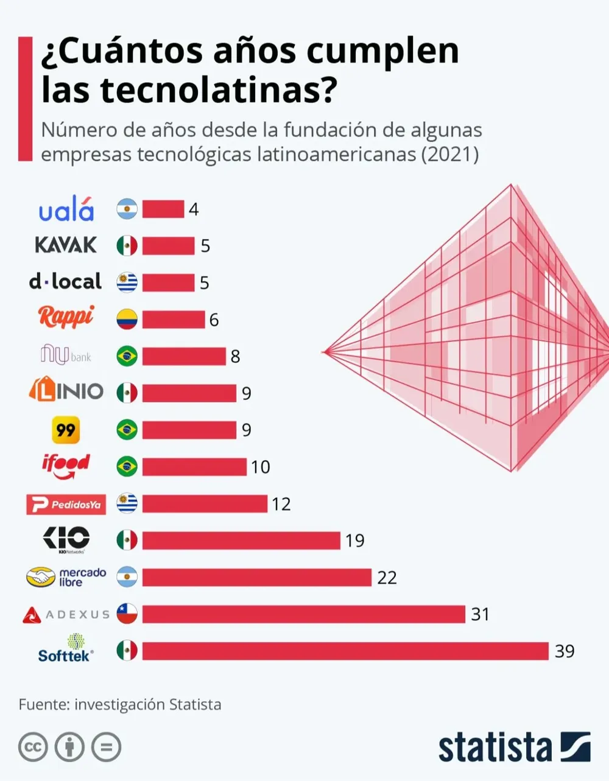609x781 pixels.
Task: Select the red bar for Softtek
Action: coord(345,651)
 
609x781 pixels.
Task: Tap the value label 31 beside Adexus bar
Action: coord(480,614)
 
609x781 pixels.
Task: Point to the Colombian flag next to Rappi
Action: coord(127,319)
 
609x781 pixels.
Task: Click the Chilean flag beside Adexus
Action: coord(127,614)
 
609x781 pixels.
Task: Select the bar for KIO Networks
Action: coord(241,540)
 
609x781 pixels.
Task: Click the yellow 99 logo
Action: coord(65,430)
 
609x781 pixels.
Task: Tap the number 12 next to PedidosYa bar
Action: coord(281,504)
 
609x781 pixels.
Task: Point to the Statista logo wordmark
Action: coord(495,748)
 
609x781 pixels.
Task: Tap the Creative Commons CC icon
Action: coord(33,747)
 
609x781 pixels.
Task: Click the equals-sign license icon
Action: coord(106,747)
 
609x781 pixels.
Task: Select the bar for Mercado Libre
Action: coord(256,577)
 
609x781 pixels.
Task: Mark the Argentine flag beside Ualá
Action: coord(127,209)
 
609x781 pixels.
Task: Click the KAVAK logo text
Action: coord(66,245)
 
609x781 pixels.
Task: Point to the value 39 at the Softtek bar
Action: coord(564,651)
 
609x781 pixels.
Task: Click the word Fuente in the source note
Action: coord(42,704)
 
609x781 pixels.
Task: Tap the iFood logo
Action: coord(66,466)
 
